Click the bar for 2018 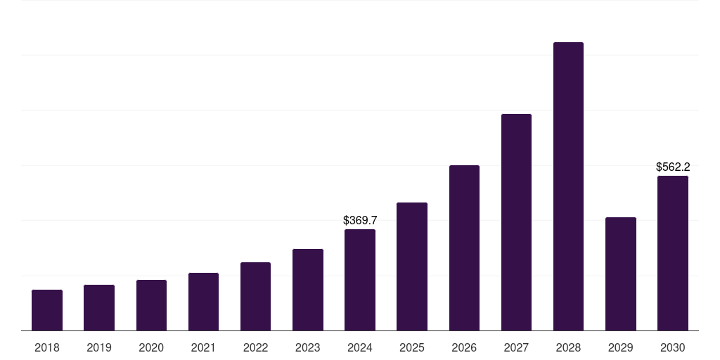point(47,310)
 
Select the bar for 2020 point(151,305)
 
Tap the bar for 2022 point(255,296)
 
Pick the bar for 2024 point(360,280)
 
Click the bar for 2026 point(464,247)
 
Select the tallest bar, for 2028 point(568,186)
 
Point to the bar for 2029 point(621,274)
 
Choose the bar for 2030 point(673,253)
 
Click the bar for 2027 point(516,222)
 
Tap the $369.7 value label point(360,221)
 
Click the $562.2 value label point(673,167)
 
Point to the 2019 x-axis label point(99,347)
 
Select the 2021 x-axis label point(203,347)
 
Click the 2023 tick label point(308,347)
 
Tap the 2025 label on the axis point(412,347)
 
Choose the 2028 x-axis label point(568,347)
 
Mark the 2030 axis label point(673,347)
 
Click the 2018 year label point(47,347)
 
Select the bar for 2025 point(412,266)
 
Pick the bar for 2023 point(308,290)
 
